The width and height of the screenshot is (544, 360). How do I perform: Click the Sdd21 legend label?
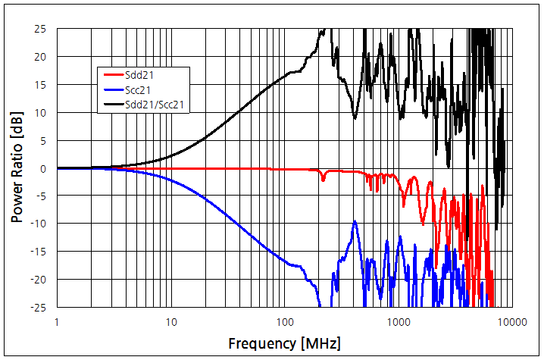pos(141,74)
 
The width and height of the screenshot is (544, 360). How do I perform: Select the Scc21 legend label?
pos(140,89)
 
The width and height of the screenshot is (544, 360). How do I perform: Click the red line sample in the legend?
pos(112,74)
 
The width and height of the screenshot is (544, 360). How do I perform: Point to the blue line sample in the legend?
pos(112,89)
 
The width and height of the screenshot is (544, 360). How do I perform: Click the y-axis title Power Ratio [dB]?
pos(17,168)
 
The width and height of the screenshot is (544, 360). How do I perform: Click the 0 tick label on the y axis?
pos(44,168)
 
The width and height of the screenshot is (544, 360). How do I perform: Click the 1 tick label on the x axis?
pos(57,321)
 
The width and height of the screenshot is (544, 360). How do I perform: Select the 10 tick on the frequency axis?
pos(171,321)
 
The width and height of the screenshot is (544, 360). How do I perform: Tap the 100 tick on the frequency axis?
pos(285,321)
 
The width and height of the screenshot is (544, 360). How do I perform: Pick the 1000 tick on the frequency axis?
pos(399,321)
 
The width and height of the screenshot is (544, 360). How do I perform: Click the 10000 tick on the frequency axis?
pos(512,321)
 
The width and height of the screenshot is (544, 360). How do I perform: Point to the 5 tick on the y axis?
pos(44,140)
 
